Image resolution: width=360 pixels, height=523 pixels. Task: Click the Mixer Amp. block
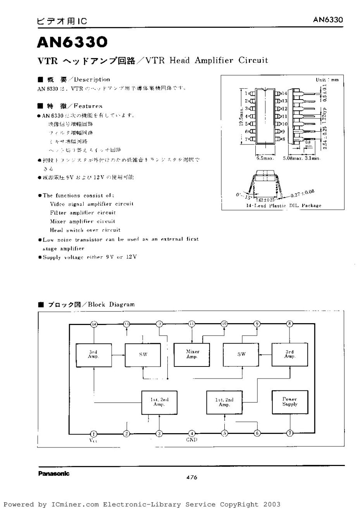(x=192, y=354)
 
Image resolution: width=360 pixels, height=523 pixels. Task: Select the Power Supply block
(x=290, y=402)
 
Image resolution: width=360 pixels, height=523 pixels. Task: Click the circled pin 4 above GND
(x=191, y=433)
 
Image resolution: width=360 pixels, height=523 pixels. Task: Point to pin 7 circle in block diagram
(x=289, y=433)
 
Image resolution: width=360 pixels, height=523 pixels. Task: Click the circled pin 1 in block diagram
(x=93, y=434)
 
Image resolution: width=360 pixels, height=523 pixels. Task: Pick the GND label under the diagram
(x=191, y=440)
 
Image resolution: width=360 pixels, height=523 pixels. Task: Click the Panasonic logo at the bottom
(x=54, y=473)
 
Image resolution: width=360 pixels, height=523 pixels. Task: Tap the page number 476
(x=191, y=477)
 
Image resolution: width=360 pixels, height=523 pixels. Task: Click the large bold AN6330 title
(x=72, y=43)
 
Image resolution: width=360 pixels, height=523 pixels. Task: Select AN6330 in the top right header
(x=328, y=20)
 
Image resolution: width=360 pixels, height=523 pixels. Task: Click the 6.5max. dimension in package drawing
(x=265, y=158)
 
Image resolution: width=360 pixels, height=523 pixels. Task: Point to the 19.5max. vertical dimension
(x=241, y=116)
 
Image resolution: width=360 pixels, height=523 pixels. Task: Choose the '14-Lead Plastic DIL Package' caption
(x=284, y=205)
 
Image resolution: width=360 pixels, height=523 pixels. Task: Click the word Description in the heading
(x=92, y=79)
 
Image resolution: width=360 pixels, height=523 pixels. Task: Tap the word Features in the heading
(x=88, y=106)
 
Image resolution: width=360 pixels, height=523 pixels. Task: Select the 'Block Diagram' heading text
(x=111, y=305)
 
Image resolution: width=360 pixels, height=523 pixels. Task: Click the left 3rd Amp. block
(x=93, y=354)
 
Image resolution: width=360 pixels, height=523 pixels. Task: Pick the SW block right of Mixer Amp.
(x=241, y=354)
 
